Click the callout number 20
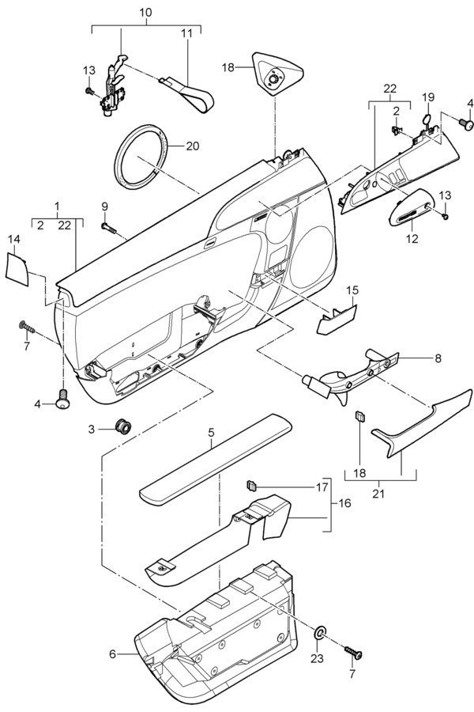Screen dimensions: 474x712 [192, 146]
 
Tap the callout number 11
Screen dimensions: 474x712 [186, 33]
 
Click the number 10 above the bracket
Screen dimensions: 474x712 [145, 12]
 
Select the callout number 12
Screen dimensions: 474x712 [412, 238]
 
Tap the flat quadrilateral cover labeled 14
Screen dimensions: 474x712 [17, 270]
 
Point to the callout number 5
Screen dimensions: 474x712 [211, 432]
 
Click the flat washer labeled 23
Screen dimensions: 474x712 [320, 632]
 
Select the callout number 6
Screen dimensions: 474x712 [112, 654]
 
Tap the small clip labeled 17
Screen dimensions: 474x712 [251, 486]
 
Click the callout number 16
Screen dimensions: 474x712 [344, 503]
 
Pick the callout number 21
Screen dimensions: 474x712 [378, 493]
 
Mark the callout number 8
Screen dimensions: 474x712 [438, 358]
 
